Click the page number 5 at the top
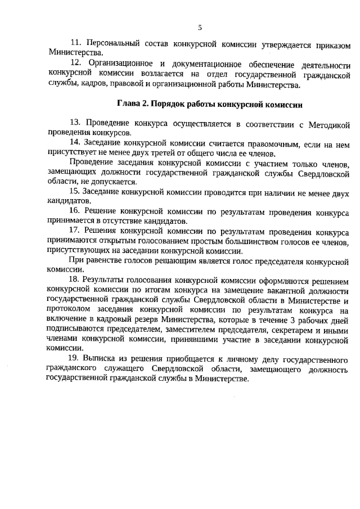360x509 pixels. (x=199, y=26)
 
